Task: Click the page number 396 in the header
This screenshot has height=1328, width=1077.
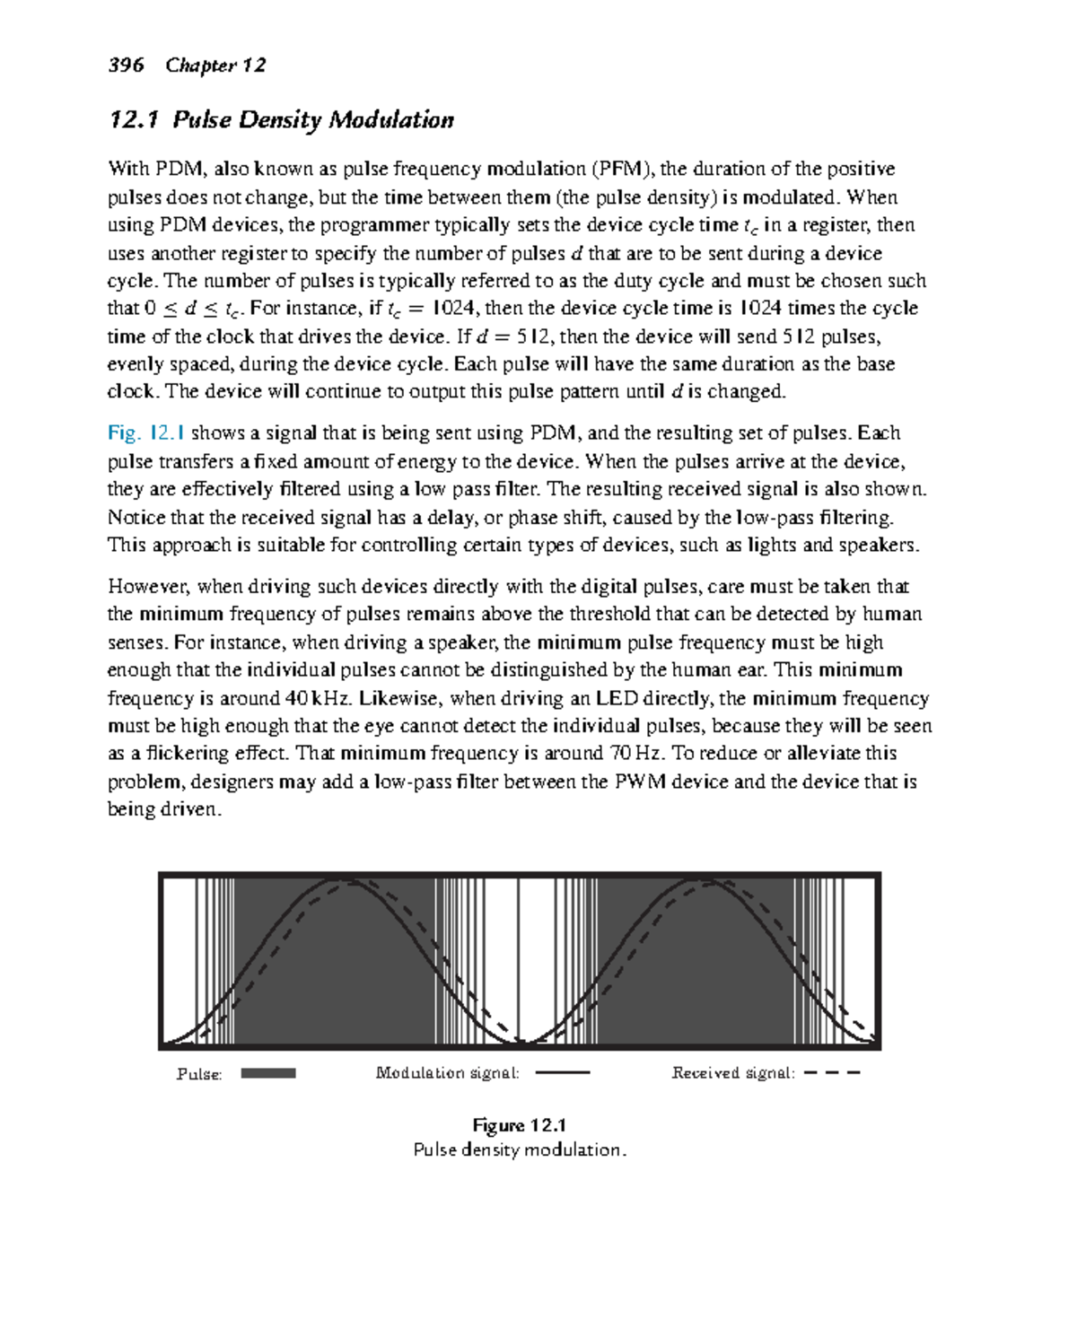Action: tap(126, 66)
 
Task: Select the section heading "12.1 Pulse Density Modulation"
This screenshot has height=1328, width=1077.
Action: tap(281, 120)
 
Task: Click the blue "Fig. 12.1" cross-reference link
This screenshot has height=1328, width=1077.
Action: tap(146, 433)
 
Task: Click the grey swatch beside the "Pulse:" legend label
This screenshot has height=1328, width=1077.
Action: tap(268, 1073)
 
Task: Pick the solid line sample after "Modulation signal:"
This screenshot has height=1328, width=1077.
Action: tap(562, 1072)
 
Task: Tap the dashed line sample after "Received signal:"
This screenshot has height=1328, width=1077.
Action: tap(832, 1072)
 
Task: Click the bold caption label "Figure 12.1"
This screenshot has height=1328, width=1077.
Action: tap(519, 1125)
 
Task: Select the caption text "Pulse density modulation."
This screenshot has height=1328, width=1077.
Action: tap(519, 1149)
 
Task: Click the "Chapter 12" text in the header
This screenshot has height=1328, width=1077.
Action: tap(215, 66)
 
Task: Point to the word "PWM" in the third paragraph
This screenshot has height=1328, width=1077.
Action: tap(641, 782)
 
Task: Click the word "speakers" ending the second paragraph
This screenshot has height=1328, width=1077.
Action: tap(878, 546)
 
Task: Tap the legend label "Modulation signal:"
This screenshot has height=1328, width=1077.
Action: tap(447, 1073)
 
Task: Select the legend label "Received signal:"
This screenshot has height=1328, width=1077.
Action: tap(732, 1073)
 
